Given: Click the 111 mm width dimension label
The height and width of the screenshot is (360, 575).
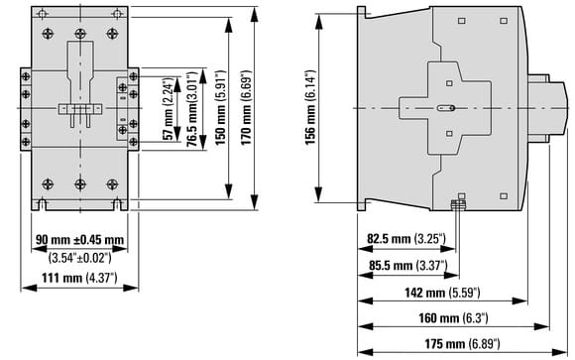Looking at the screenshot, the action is [x=79, y=278].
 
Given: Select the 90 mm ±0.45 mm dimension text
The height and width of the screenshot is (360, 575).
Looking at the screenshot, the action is [x=79, y=240].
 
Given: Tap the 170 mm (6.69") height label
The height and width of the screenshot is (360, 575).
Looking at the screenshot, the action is [x=247, y=107].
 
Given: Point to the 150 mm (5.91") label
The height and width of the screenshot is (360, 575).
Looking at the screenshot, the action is [x=220, y=107].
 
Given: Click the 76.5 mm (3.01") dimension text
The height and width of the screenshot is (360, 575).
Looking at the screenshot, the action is [x=192, y=109].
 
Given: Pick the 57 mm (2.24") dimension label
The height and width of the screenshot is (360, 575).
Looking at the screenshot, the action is [x=168, y=109].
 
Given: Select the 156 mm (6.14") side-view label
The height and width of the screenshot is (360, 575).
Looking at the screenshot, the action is [x=310, y=107].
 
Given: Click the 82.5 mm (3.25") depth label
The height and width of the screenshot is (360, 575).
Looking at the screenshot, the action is [x=406, y=239].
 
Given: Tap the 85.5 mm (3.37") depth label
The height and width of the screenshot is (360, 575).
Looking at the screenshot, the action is [x=408, y=265].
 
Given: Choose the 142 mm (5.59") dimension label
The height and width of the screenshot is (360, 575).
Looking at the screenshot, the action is [x=442, y=293].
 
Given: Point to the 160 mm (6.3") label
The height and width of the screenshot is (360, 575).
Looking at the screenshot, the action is [x=454, y=317].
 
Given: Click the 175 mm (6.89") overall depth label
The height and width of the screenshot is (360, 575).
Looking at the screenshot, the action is [x=462, y=344].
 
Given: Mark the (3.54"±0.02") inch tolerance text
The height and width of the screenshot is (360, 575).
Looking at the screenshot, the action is [x=79, y=258].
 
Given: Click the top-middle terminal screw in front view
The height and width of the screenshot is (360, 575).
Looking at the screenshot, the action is [x=80, y=34].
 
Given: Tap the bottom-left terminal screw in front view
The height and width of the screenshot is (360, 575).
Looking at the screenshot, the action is [x=48, y=184].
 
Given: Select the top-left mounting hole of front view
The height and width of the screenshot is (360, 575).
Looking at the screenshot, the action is [x=43, y=14].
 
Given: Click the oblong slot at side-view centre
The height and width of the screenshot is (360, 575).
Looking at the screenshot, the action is [x=446, y=108].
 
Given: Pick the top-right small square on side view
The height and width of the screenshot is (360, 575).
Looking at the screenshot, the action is [x=504, y=21].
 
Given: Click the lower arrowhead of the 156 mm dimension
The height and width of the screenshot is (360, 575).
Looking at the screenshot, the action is [x=318, y=194].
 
